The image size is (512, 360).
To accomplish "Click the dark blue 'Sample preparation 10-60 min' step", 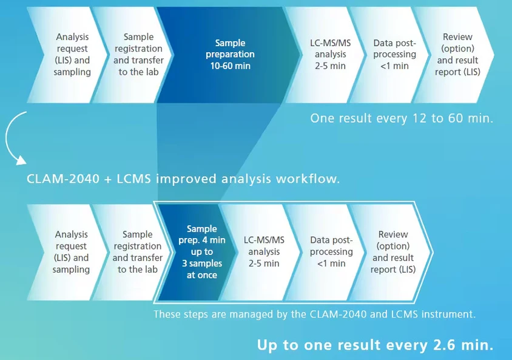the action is pyautogui.click(x=229, y=55).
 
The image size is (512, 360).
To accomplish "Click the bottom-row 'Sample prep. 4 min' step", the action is pyautogui.click(x=197, y=252).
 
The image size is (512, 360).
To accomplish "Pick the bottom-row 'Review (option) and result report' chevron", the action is pyautogui.click(x=389, y=252).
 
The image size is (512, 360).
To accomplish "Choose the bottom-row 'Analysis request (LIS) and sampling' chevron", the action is pyautogui.click(x=67, y=252).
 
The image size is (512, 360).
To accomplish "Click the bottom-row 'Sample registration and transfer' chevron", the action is pyautogui.click(x=132, y=252).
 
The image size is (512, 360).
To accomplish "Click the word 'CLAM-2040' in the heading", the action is pyautogui.click(x=62, y=179).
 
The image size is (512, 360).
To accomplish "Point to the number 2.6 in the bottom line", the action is pyautogui.click(x=445, y=345).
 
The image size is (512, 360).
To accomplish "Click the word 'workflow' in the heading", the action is pyautogui.click(x=306, y=178).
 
